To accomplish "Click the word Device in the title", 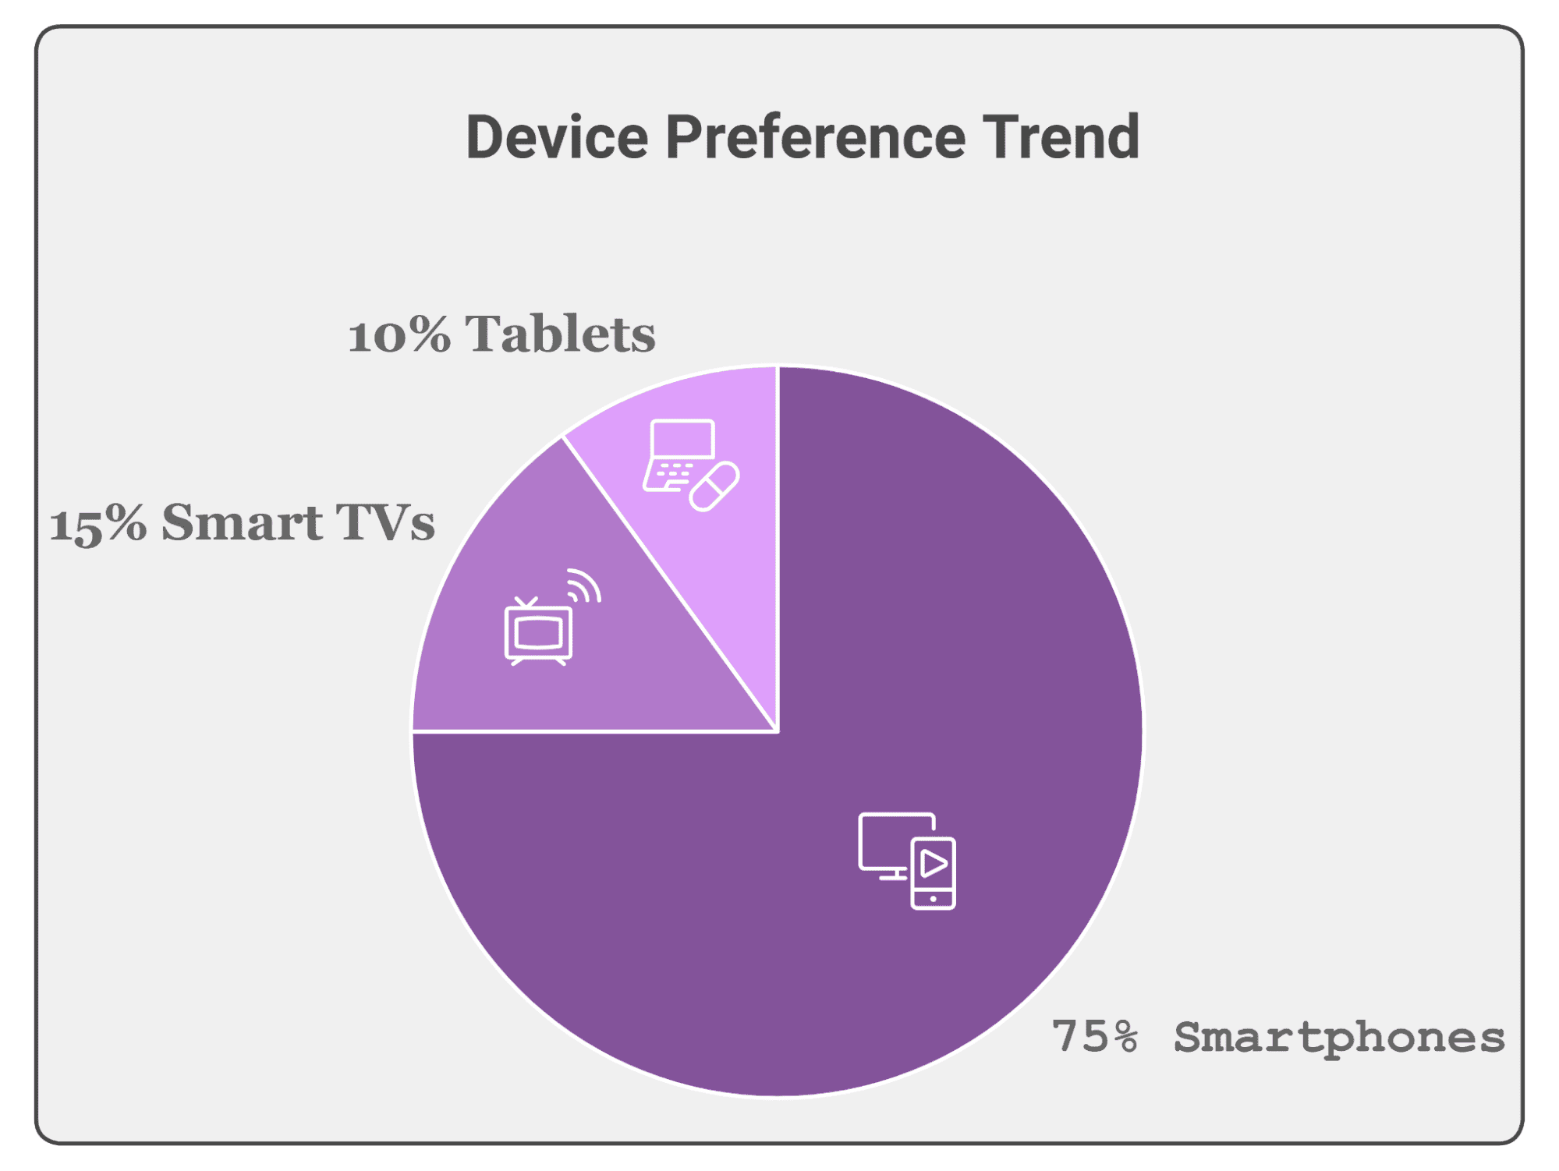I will click(x=557, y=138).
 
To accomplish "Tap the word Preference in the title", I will click(x=815, y=138).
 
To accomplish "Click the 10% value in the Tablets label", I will click(x=399, y=336).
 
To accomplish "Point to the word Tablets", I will click(x=560, y=334).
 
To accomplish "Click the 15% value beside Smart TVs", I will click(x=97, y=523).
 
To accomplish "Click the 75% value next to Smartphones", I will click(x=1094, y=1037).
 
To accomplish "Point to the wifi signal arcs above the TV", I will click(x=583, y=586).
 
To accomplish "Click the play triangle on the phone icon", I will click(x=934, y=864).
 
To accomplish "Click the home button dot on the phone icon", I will click(x=933, y=899).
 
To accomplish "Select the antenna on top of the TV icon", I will click(x=527, y=603).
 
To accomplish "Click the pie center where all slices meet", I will click(x=778, y=731).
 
